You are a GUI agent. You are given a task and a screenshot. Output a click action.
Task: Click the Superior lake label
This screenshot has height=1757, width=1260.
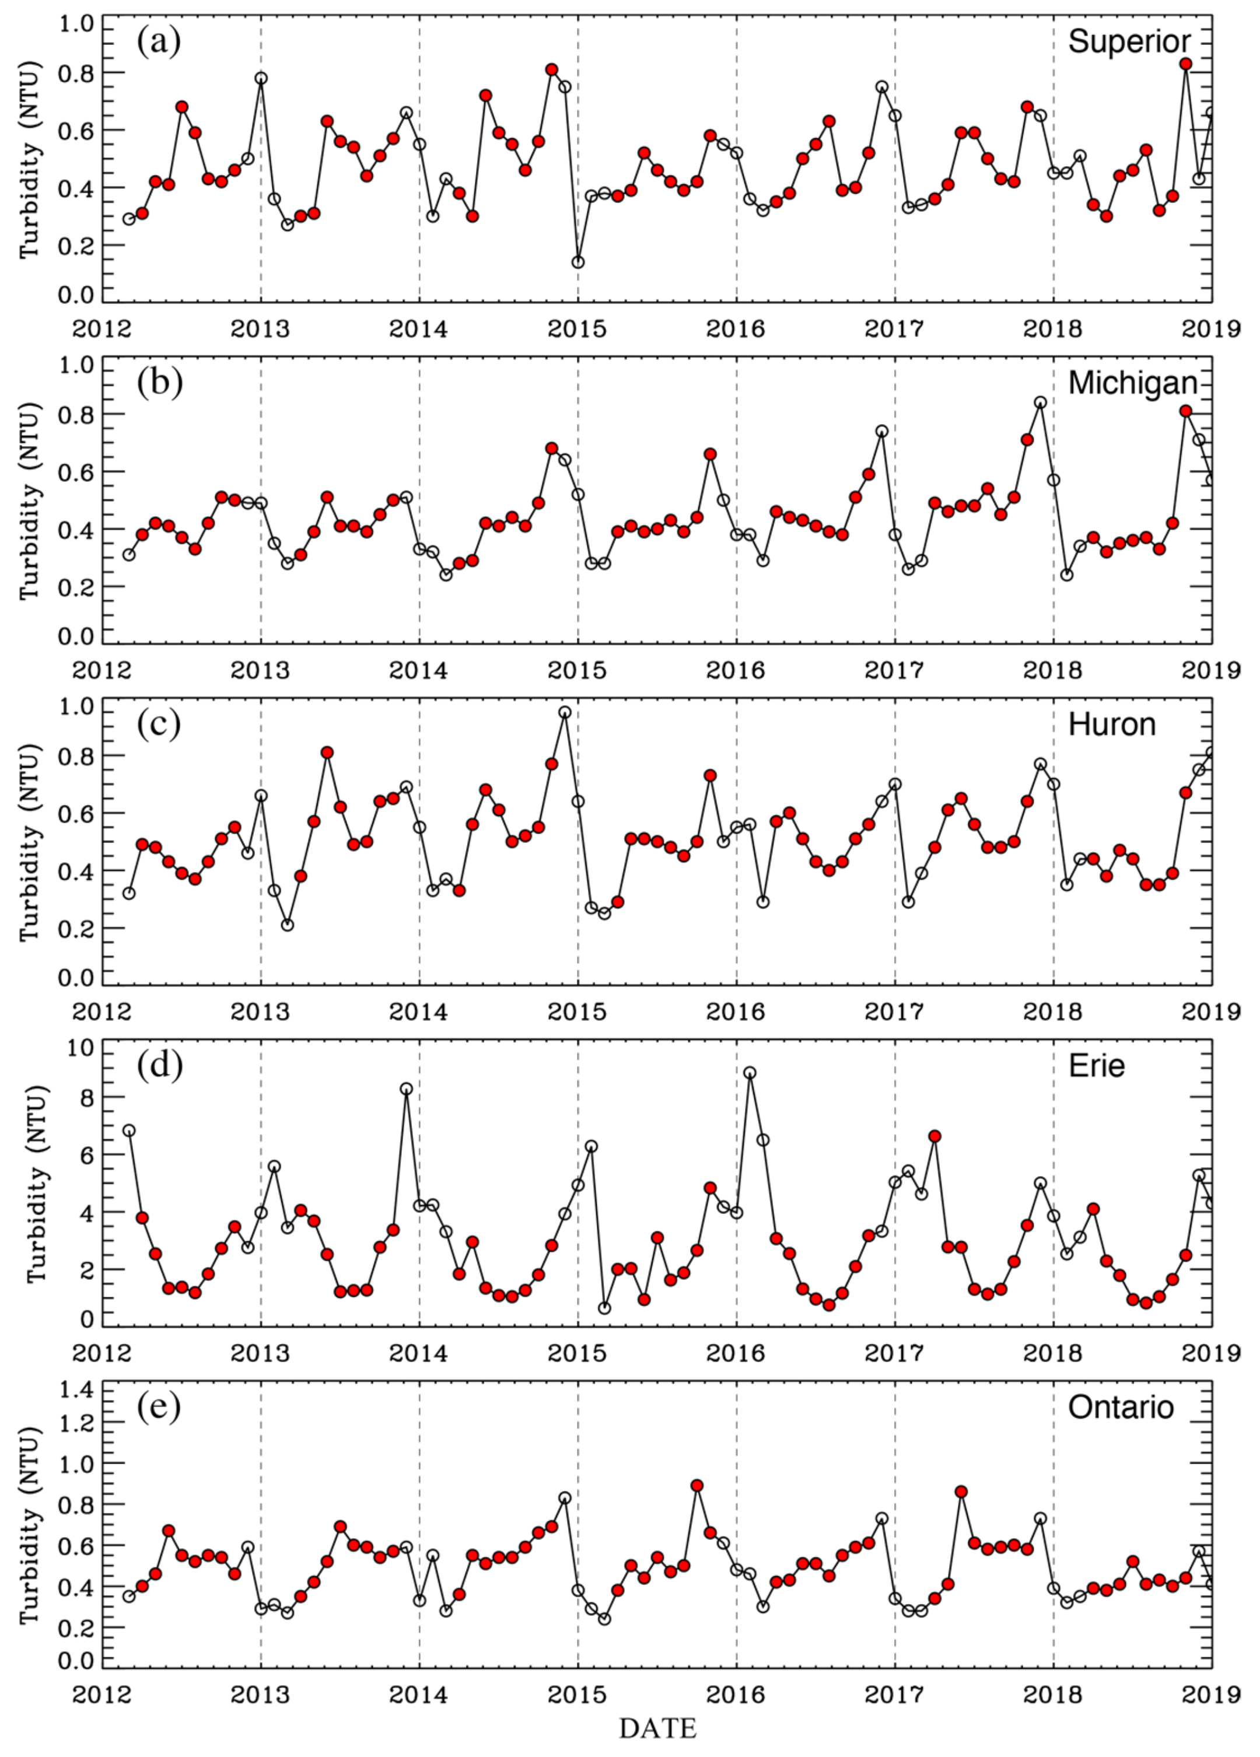tap(1128, 41)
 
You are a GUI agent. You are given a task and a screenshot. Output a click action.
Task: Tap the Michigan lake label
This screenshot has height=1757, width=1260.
tap(1132, 383)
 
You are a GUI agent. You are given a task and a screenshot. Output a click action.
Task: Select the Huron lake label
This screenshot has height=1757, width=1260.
tap(1111, 724)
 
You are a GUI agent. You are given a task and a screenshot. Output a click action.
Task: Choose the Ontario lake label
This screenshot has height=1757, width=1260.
tap(1121, 1407)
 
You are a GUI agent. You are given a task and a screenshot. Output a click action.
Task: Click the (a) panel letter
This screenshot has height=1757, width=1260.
tap(159, 41)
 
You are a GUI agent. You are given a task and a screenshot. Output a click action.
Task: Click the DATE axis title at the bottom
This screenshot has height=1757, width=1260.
tap(657, 1728)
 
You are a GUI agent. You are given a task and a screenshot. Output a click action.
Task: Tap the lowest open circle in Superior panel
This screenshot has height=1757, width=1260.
tap(578, 262)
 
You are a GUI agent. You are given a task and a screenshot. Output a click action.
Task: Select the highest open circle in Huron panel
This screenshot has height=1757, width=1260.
tap(565, 712)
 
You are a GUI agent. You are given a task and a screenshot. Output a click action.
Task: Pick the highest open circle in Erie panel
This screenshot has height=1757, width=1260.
tap(750, 1073)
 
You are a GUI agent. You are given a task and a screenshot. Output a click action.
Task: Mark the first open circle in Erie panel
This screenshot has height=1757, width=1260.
tap(129, 1130)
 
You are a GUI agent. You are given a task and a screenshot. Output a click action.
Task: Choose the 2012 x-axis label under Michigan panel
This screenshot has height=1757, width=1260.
tap(101, 671)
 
